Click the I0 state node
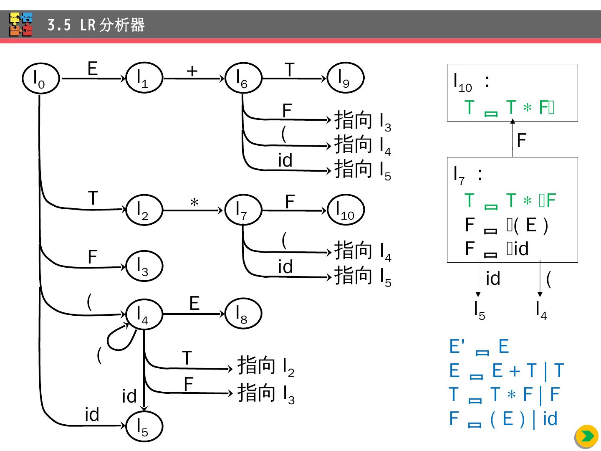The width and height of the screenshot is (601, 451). [40, 79]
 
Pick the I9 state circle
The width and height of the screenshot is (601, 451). [345, 78]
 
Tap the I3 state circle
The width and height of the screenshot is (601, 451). [144, 266]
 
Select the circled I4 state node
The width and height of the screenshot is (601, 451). [144, 314]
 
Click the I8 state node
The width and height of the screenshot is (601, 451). [243, 314]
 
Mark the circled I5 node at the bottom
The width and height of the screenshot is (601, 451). [144, 427]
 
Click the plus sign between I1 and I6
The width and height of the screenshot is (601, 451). [192, 71]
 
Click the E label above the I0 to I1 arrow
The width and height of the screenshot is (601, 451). [92, 68]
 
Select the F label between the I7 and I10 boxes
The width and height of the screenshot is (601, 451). [521, 140]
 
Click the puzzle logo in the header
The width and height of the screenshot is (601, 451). [21, 25]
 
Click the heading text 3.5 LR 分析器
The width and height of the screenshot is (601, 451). [96, 25]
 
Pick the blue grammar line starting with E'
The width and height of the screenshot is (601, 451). [479, 347]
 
